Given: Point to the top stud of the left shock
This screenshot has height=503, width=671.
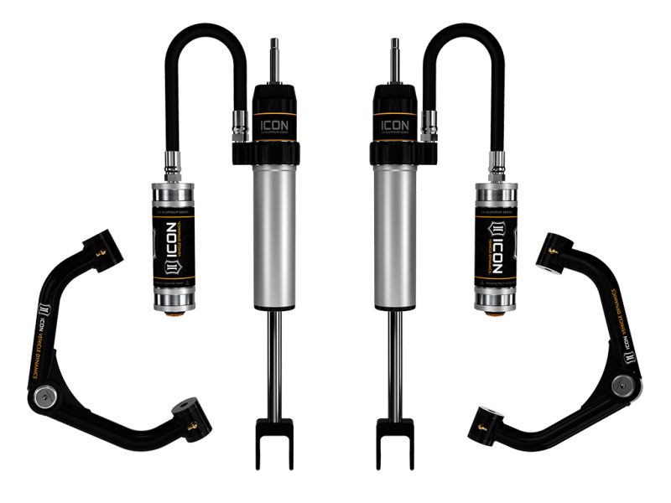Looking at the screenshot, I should click(x=273, y=59).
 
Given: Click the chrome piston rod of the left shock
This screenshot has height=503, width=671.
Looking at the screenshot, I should click(x=274, y=360).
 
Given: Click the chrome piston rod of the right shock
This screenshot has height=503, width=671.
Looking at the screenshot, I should click(x=395, y=360).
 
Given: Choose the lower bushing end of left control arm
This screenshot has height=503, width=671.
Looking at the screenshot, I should click(x=189, y=417).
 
